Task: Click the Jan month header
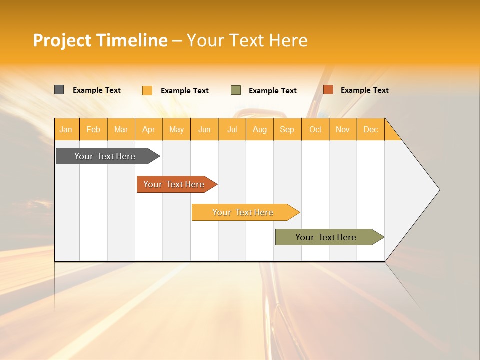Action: pos(66,129)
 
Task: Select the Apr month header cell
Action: pos(149,129)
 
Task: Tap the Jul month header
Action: pos(232,129)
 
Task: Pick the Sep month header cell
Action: pos(287,129)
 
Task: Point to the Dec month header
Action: pos(370,129)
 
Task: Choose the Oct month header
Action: pos(315,129)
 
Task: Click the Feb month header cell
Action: pos(93,129)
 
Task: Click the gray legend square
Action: pos(59,90)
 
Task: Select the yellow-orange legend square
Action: pos(147,90)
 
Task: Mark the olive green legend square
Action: pos(236,90)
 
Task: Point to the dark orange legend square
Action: pos(328,90)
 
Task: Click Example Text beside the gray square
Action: pos(97,90)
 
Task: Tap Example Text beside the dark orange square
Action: pos(364,90)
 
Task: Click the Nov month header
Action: pos(343,129)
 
